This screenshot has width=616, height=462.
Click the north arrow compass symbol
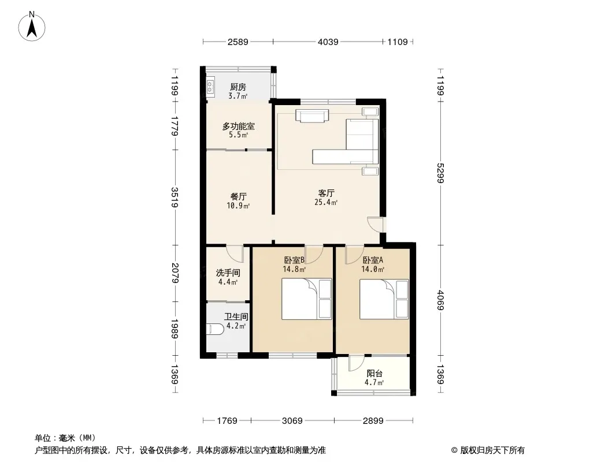click(32, 27)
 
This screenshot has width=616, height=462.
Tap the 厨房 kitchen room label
click(238, 87)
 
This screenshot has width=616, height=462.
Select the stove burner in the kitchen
click(210, 87)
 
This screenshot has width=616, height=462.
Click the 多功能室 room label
click(239, 126)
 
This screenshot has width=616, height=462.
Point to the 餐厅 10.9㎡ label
click(239, 200)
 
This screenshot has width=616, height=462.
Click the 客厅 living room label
click(326, 193)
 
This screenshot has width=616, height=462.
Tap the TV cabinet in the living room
click(312, 116)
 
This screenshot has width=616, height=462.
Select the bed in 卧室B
click(307, 299)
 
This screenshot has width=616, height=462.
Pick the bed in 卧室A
click(384, 299)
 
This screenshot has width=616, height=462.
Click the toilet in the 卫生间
click(215, 329)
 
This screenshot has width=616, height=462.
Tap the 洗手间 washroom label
click(228, 273)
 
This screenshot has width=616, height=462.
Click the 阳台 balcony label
click(374, 373)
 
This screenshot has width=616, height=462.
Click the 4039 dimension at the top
click(328, 42)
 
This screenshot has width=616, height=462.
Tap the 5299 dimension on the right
click(440, 173)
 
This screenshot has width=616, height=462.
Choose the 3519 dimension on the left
click(175, 198)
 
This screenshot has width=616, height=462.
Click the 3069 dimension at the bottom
click(292, 421)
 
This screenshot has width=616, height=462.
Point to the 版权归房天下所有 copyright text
click(492, 450)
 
